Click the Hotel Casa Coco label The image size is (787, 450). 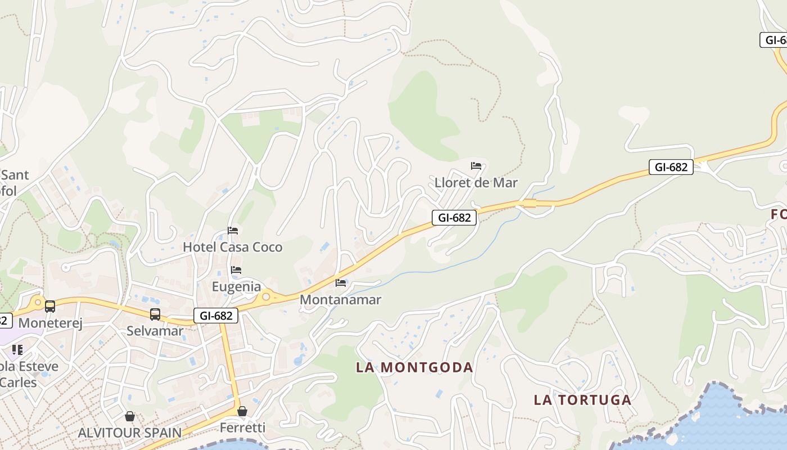(233, 247)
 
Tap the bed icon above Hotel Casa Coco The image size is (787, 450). (233, 231)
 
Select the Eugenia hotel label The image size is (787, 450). (236, 287)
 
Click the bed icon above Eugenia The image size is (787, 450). (236, 271)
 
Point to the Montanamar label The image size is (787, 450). (340, 300)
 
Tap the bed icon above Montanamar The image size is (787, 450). (341, 282)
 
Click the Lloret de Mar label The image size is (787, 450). (476, 183)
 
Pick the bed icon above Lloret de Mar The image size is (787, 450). (476, 166)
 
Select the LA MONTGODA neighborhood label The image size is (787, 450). (414, 367)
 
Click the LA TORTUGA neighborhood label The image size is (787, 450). (582, 400)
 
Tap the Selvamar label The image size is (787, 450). (155, 331)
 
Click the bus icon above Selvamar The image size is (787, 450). (155, 314)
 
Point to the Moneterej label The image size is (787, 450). (51, 323)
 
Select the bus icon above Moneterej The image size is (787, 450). (50, 307)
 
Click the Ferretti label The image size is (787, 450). (242, 427)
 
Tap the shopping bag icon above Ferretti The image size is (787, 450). (242, 411)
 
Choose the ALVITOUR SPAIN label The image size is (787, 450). (129, 433)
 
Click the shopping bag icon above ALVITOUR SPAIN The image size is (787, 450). (130, 416)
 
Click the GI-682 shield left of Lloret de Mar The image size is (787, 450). (454, 218)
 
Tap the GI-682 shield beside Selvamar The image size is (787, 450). (216, 316)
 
